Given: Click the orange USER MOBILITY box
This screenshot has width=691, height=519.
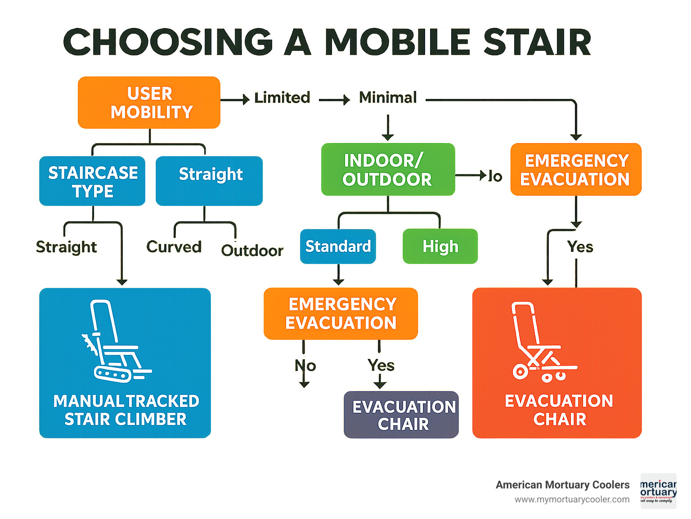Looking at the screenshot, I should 149,103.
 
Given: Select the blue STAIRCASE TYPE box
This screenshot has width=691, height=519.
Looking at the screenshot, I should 92,181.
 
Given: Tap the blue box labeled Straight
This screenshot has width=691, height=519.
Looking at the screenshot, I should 209,180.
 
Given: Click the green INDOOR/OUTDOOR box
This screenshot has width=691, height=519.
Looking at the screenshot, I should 388,170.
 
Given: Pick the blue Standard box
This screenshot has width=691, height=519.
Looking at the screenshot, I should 338,246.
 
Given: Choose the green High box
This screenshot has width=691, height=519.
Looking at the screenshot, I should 440,246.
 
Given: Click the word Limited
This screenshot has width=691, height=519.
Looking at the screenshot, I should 282,98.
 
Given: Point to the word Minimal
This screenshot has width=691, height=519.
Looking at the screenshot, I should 388,98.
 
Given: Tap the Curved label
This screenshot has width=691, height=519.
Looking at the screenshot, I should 174,247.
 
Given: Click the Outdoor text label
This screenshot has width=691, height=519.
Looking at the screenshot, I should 252,251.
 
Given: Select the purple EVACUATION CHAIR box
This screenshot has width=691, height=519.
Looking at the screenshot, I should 401,415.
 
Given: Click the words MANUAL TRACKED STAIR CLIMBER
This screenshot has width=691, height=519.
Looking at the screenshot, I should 126,410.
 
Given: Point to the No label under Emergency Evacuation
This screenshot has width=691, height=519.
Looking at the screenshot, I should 305,366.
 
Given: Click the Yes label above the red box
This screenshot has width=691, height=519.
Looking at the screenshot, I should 580,247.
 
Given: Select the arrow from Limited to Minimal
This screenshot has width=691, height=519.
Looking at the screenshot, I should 334,100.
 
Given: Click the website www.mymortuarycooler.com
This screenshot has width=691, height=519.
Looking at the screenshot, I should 572,499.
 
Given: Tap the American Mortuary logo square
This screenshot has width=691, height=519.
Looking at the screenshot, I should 658,491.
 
